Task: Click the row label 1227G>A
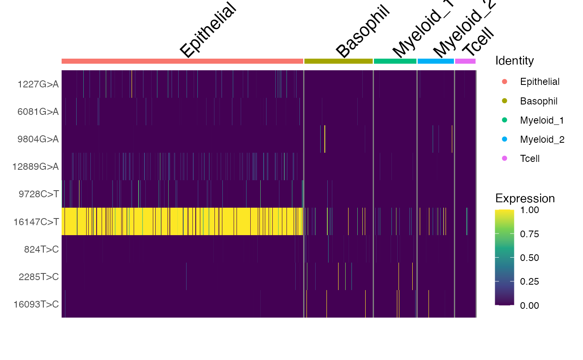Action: (x=38, y=84)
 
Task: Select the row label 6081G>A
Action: (x=38, y=112)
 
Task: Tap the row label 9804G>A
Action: (x=38, y=139)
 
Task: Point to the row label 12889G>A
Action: (x=36, y=167)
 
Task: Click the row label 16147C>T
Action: (x=36, y=221)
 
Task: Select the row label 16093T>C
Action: (x=36, y=304)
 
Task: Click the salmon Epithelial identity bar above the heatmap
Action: (x=182, y=61)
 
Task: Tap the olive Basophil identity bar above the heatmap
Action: (x=339, y=61)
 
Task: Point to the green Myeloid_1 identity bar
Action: (x=395, y=61)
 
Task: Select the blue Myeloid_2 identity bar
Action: (x=436, y=61)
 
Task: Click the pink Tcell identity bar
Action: (x=465, y=61)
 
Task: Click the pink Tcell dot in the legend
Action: (x=505, y=159)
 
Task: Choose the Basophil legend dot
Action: (x=505, y=101)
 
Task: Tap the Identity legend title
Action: (x=514, y=61)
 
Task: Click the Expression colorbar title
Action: (x=525, y=198)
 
